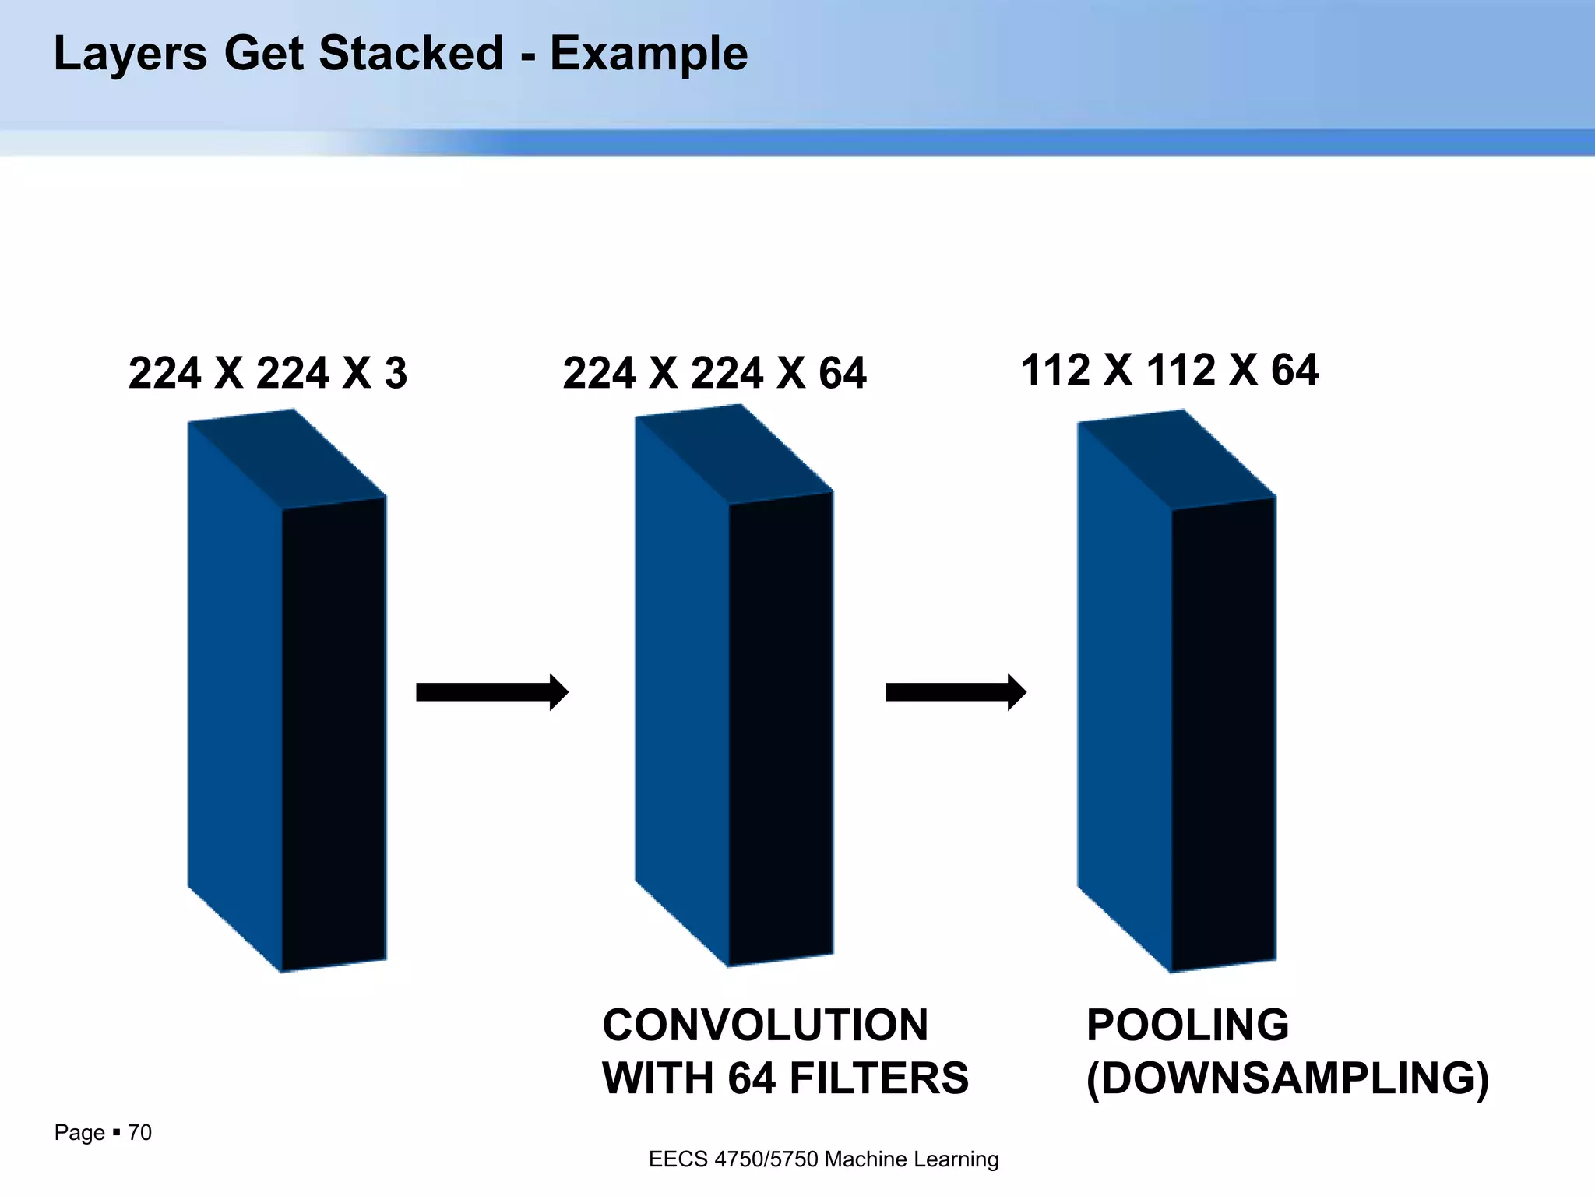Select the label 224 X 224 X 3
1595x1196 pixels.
click(267, 373)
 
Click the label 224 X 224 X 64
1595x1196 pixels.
click(714, 373)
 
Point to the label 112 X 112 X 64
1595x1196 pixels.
click(1169, 369)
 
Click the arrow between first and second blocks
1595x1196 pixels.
click(491, 691)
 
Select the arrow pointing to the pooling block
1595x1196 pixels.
click(956, 691)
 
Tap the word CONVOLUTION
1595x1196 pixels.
click(765, 1025)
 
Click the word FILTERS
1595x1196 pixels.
click(878, 1078)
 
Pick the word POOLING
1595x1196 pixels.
click(1187, 1025)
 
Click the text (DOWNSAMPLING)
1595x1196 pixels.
click(1287, 1078)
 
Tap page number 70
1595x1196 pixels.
click(139, 1132)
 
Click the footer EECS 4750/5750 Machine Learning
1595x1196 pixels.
click(823, 1159)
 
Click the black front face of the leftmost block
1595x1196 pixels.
click(334, 732)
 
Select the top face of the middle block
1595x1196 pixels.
click(734, 455)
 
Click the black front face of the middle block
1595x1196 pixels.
click(781, 728)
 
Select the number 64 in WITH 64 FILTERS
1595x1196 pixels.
click(752, 1078)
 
